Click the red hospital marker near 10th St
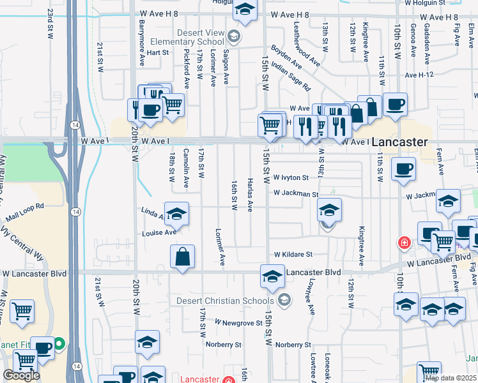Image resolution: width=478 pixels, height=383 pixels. click(404, 243)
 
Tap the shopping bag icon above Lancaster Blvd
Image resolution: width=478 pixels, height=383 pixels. click(183, 257)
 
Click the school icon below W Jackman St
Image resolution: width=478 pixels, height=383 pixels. click(329, 209)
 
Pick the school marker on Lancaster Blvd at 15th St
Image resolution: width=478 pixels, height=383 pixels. click(272, 277)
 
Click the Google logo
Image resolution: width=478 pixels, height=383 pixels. click(21, 375)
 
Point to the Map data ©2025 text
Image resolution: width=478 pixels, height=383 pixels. click(451, 378)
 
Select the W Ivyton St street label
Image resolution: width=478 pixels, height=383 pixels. click(291, 177)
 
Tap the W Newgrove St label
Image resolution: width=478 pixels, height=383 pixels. click(238, 323)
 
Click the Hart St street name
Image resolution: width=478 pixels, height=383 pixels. click(157, 53)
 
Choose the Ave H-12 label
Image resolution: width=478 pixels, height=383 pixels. click(419, 75)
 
